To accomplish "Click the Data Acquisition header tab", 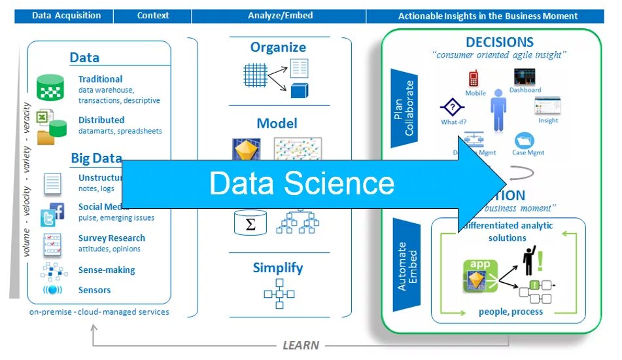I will pyautogui.click(x=66, y=16).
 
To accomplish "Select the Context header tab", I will pyautogui.click(x=153, y=16).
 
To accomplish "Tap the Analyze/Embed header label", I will pyautogui.click(x=280, y=16).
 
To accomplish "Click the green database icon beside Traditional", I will pyautogui.click(x=50, y=87).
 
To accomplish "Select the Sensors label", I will pyautogui.click(x=94, y=290).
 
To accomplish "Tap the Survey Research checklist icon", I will pyautogui.click(x=52, y=245).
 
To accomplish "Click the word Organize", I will pyautogui.click(x=278, y=47).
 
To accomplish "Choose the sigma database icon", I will pyautogui.click(x=251, y=223).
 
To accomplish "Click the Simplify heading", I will pyautogui.click(x=278, y=268).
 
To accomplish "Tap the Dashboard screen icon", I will pyautogui.click(x=525, y=77).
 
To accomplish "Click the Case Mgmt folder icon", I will pyautogui.click(x=525, y=140).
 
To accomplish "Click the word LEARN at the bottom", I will pyautogui.click(x=301, y=345).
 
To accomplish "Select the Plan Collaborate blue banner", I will pyautogui.click(x=404, y=108).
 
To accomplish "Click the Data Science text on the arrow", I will pyautogui.click(x=302, y=183).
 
